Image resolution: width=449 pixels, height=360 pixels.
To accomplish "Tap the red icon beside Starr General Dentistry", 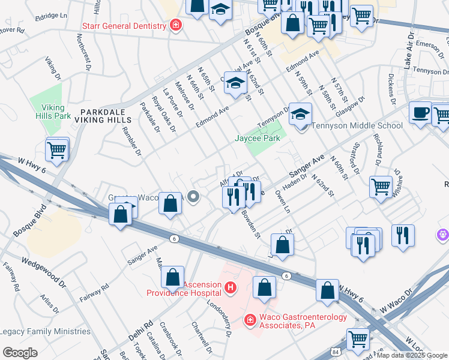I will click(x=176, y=25).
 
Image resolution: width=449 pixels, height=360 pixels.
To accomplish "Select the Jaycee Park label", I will click(x=257, y=138).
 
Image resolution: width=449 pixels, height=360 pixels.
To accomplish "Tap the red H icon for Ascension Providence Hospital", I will click(x=229, y=289).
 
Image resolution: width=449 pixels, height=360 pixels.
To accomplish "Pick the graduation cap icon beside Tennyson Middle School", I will click(x=300, y=113).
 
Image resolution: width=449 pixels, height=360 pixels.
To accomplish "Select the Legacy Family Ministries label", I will click(x=46, y=331).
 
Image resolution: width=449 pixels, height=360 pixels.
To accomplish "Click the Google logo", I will click(x=20, y=353).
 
